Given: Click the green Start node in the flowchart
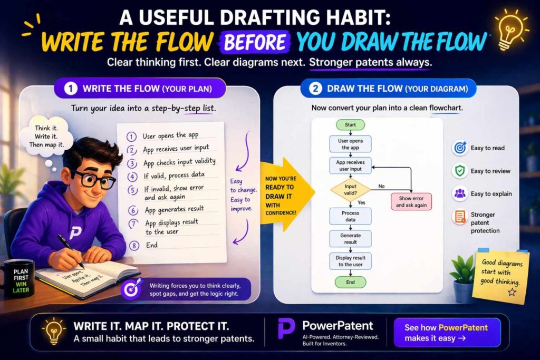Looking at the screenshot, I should click(x=350, y=125).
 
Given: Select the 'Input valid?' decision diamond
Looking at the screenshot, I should click(x=350, y=190).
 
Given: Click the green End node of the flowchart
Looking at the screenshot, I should click(x=350, y=282).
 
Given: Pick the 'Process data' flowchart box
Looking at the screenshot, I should click(x=350, y=216).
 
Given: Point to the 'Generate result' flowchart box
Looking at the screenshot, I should click(x=350, y=239).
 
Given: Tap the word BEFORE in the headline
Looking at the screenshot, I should click(x=254, y=42).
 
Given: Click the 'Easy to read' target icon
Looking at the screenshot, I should click(x=459, y=148).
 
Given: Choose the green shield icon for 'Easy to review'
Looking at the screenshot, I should click(x=459, y=171).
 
